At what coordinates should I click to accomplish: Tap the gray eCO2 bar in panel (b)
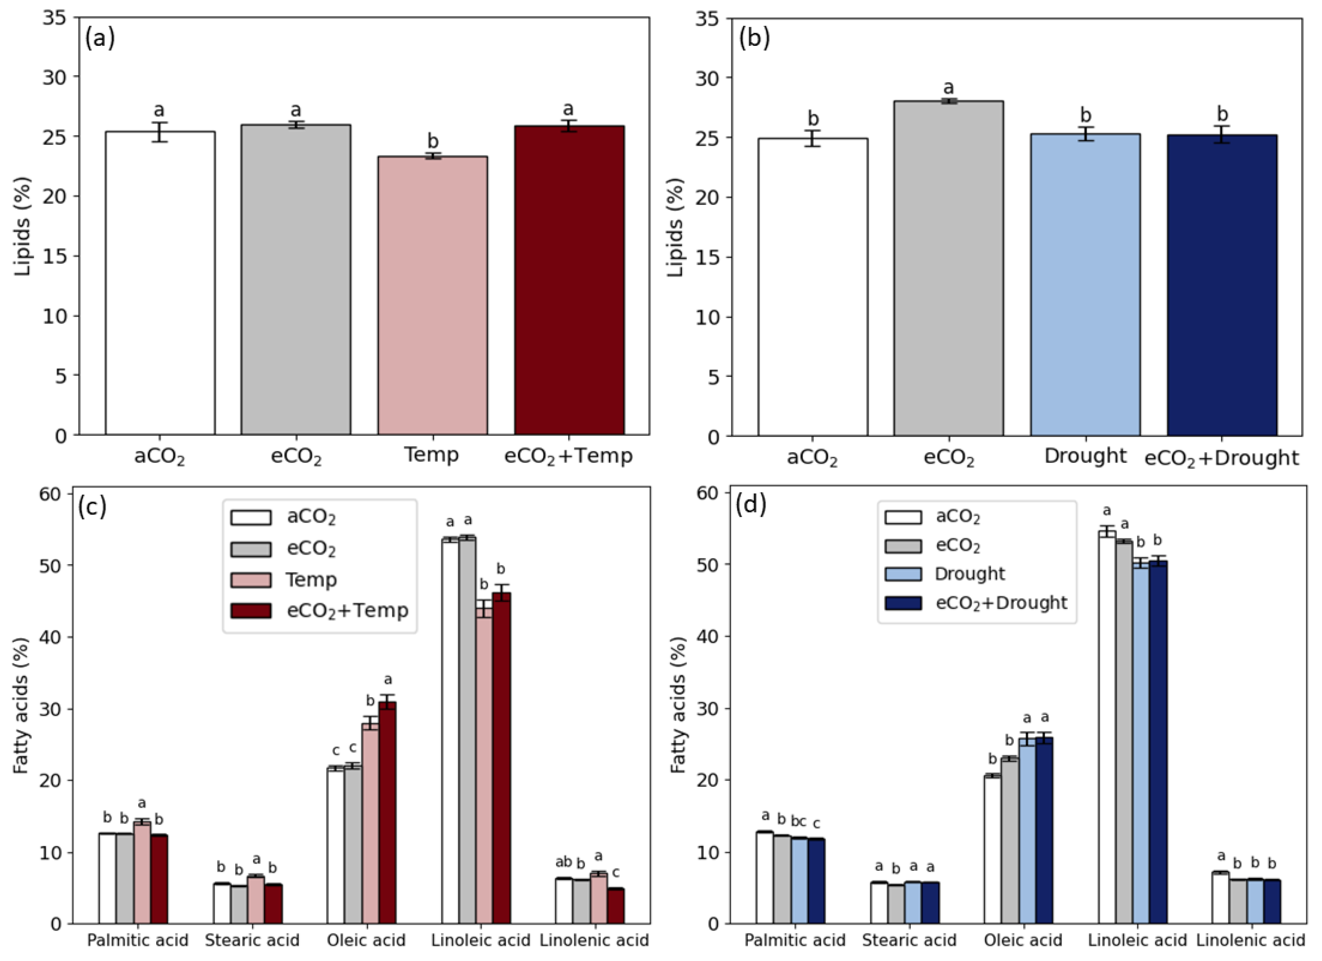tap(948, 268)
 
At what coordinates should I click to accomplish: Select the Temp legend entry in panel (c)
tap(311, 580)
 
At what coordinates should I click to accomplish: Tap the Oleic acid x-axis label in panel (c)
tap(366, 940)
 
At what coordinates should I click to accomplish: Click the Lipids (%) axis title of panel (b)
tap(675, 227)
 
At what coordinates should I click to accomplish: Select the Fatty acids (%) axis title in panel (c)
tap(21, 705)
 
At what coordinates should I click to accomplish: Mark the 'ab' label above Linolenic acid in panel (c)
tap(563, 861)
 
